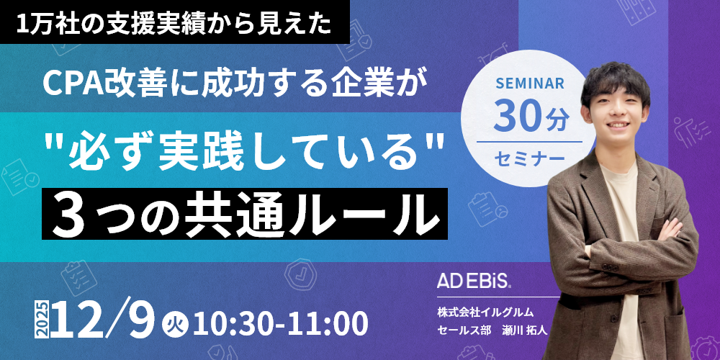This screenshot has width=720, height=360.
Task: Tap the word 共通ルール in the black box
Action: click(310, 212)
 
